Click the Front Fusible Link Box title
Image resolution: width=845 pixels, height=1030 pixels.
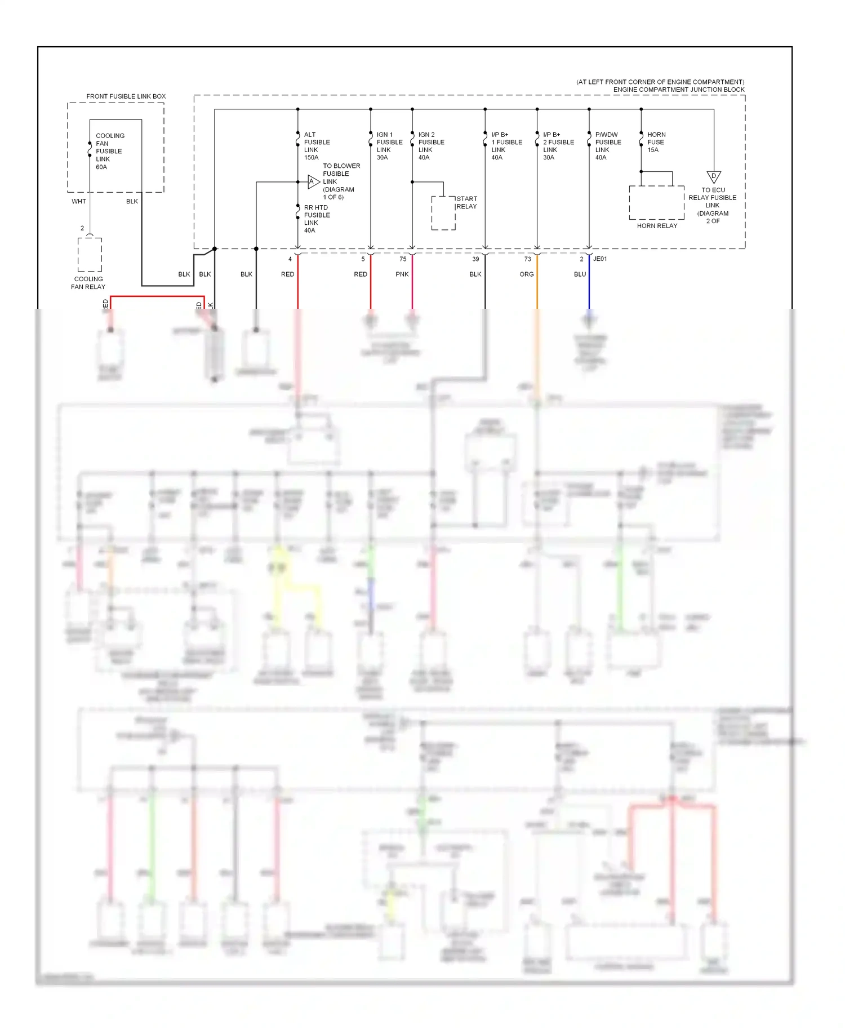[126, 96]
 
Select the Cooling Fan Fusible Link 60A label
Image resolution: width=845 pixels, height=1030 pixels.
[109, 151]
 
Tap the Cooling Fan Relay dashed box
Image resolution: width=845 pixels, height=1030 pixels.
[90, 255]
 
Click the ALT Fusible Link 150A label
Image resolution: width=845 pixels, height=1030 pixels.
[317, 146]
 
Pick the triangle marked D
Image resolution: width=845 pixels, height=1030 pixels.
[714, 177]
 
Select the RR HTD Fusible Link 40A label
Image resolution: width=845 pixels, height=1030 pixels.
[317, 219]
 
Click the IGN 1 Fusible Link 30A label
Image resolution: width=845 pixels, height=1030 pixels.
[389, 146]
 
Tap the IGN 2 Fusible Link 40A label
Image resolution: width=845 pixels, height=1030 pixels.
[431, 146]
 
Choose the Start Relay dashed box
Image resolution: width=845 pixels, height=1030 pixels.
[443, 213]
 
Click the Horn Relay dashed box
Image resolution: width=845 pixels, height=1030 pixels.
[656, 202]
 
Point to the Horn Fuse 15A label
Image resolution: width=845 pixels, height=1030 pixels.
[656, 142]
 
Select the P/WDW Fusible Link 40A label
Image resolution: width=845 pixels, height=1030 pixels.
[608, 146]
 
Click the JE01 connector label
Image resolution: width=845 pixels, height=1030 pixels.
[600, 259]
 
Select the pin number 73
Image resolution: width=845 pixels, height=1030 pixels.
[527, 259]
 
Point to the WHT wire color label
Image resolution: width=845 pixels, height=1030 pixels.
[79, 201]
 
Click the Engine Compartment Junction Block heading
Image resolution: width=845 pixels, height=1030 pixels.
[678, 90]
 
